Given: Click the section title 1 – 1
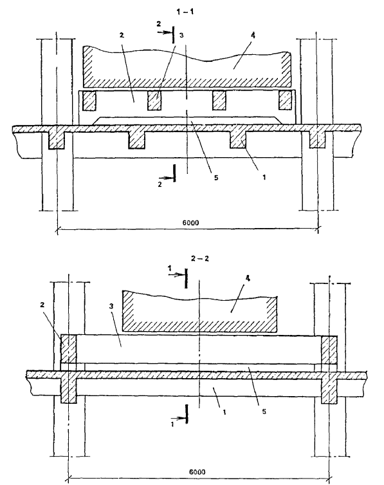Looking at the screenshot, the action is click(x=185, y=12).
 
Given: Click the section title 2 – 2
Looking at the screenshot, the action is click(x=199, y=258).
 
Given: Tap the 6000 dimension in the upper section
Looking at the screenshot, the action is click(x=190, y=222).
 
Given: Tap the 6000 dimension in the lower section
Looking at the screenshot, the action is click(x=197, y=472).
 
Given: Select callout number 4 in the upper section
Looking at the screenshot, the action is click(x=253, y=35).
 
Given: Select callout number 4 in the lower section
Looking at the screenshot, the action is click(x=247, y=278).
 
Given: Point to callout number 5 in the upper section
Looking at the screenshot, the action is click(x=216, y=178).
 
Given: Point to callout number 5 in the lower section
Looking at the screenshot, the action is click(x=264, y=412).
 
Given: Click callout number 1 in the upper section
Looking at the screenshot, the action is click(x=264, y=177).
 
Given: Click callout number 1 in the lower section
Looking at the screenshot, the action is click(x=224, y=412).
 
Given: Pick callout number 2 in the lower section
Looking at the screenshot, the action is click(x=42, y=305).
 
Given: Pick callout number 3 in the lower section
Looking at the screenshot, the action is click(x=111, y=306).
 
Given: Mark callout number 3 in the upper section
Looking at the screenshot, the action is click(x=181, y=35).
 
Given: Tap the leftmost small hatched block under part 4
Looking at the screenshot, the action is click(x=89, y=101).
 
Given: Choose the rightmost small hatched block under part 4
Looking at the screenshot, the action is click(x=285, y=100).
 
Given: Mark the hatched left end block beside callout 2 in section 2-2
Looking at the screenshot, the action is click(x=68, y=349).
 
